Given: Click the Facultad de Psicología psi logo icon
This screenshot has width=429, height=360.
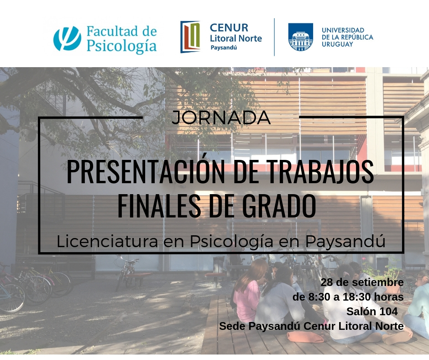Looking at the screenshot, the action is [67, 38].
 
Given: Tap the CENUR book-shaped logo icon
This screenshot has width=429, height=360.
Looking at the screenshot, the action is [190, 37].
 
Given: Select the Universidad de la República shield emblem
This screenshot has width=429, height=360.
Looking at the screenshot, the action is [301, 37].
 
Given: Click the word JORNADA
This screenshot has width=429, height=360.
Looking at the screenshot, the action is [221, 117].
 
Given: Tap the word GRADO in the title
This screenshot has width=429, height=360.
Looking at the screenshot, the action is [279, 206].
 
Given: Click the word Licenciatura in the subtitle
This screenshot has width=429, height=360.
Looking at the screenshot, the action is [107, 241].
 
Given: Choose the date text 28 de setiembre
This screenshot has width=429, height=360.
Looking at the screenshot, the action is [362, 282].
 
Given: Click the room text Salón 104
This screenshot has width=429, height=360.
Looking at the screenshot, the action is [372, 312].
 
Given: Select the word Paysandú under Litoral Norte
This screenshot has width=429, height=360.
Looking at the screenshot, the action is [224, 48].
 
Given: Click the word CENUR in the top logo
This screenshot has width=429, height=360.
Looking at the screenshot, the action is [229, 28].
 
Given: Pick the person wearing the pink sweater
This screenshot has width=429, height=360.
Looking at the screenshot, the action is [246, 293].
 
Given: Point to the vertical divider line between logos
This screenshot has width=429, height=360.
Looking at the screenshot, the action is [274, 37].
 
